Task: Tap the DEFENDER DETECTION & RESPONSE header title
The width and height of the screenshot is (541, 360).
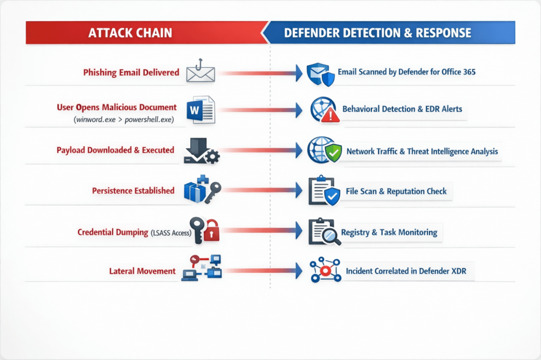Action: point(377,33)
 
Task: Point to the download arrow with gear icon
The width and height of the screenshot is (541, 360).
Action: point(201,151)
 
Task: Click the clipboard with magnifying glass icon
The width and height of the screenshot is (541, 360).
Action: point(322,232)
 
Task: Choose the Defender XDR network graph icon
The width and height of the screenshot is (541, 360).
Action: point(322,271)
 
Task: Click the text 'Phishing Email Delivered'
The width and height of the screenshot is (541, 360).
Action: point(131,72)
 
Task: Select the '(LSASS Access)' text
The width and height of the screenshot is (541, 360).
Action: point(170,232)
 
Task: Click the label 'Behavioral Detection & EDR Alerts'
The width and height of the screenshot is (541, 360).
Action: point(402,109)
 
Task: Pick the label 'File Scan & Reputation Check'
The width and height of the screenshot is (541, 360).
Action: point(396,191)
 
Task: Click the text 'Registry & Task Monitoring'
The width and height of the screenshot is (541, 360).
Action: point(389,232)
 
